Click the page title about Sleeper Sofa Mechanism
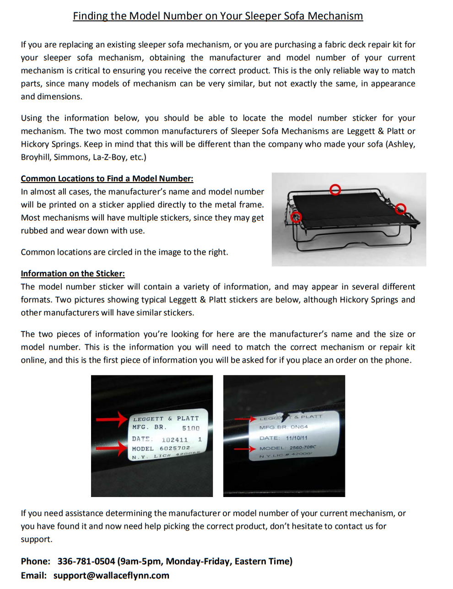[218, 16]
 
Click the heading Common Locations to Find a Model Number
[107, 178]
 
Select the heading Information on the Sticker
[73, 274]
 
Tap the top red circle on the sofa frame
[335, 189]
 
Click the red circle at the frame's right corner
[401, 208]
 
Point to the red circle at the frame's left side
[297, 217]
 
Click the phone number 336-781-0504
[86, 561]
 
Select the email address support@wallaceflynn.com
[111, 575]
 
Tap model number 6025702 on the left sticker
[174, 448]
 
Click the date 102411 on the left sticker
[174, 439]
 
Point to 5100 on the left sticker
[191, 428]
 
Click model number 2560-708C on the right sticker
[302, 447]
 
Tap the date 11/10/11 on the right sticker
[297, 438]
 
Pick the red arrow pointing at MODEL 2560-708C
[245, 449]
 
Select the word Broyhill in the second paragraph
[36, 157]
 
